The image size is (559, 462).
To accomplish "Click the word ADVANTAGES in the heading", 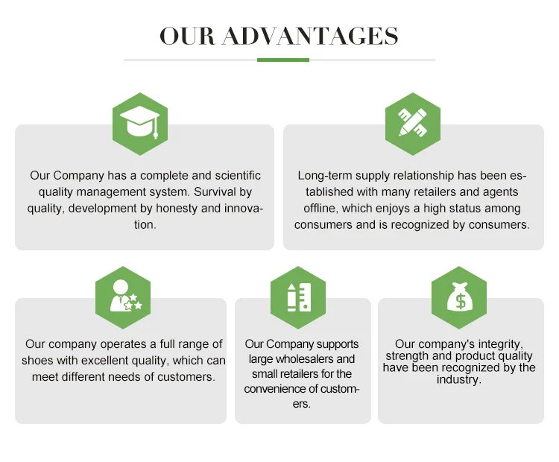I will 310,36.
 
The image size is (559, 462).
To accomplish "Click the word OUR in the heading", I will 187,36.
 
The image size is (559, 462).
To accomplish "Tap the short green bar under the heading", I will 282,60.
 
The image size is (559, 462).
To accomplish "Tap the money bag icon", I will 459,297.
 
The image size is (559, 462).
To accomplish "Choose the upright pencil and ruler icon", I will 298,297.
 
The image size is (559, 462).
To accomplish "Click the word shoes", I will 39,361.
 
